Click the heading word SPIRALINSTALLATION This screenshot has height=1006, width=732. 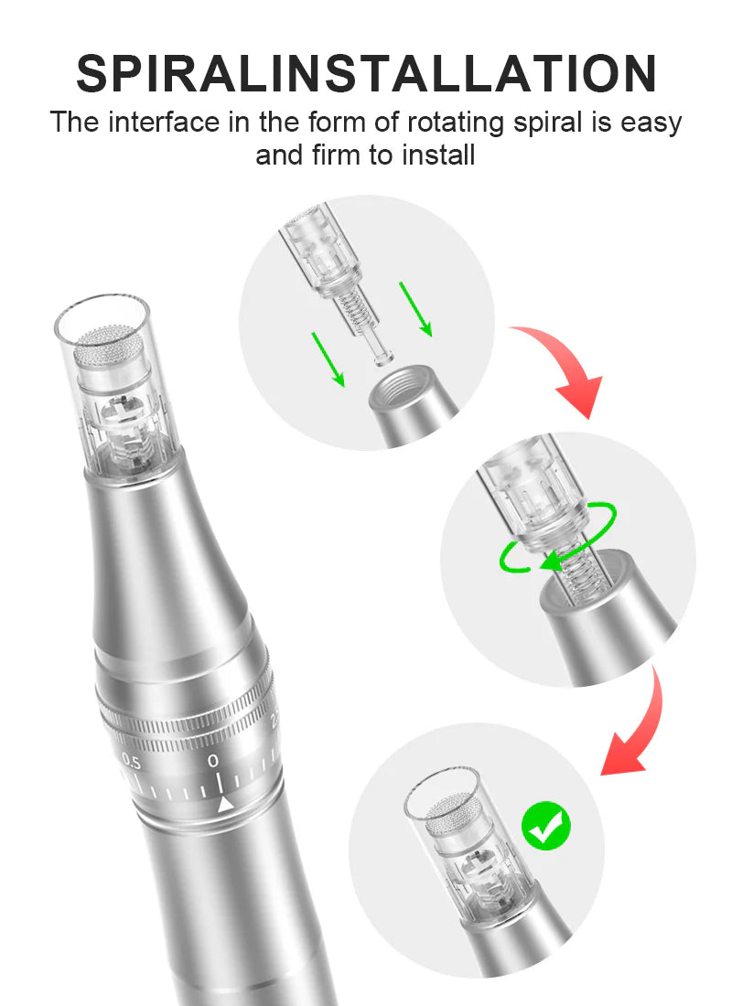point(366,73)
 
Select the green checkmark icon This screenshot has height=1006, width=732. point(546,827)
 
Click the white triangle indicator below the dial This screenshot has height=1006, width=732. point(224,805)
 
